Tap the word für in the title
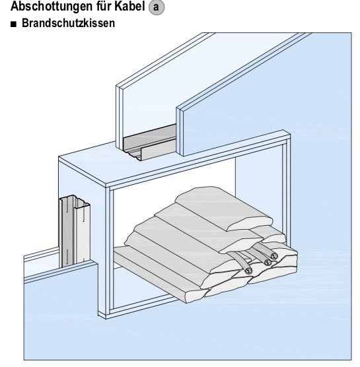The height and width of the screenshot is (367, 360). click(x=104, y=6)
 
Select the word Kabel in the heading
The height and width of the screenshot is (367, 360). click(x=129, y=6)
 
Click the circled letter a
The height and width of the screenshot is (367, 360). click(x=157, y=7)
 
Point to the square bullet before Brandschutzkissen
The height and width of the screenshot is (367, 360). click(x=14, y=24)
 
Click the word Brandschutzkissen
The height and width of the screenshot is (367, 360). click(x=68, y=23)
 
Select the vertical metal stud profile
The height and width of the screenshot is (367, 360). click(x=75, y=230)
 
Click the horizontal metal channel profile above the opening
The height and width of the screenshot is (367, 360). click(x=150, y=143)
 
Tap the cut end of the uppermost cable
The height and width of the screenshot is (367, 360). click(x=273, y=256)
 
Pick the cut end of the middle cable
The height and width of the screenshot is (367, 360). click(x=268, y=262)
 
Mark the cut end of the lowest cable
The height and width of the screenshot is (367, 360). click(x=248, y=271)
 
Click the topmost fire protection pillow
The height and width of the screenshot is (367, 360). click(x=223, y=207)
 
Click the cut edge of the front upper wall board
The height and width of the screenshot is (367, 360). click(x=180, y=132)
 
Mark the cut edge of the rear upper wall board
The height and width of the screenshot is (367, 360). click(x=120, y=117)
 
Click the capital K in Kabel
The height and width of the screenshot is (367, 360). click(x=118, y=6)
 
